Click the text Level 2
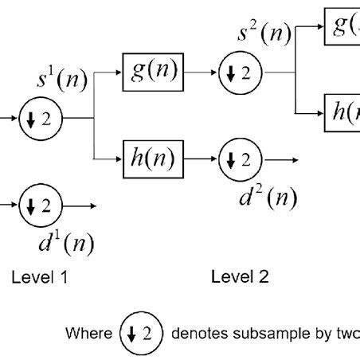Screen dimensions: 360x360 pyautogui.click(x=240, y=277)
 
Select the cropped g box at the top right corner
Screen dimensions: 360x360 pyautogui.click(x=342, y=26)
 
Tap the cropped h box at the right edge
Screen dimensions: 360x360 pyautogui.click(x=342, y=112)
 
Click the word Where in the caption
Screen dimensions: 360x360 pyautogui.click(x=89, y=333)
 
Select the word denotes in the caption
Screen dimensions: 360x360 pyautogui.click(x=198, y=333)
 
